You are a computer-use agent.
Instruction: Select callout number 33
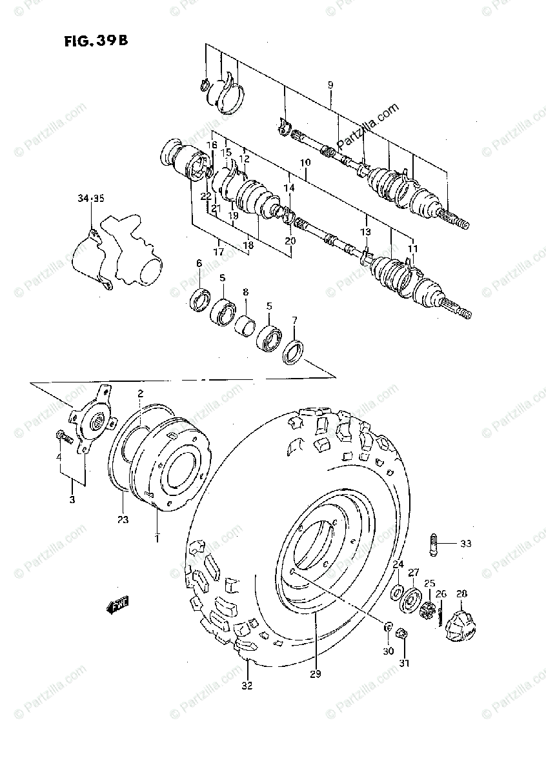pyautogui.click(x=466, y=544)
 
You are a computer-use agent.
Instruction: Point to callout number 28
pyautogui.click(x=461, y=593)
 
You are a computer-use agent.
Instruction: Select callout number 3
pyautogui.click(x=72, y=500)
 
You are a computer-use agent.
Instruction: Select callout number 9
pyautogui.click(x=330, y=84)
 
